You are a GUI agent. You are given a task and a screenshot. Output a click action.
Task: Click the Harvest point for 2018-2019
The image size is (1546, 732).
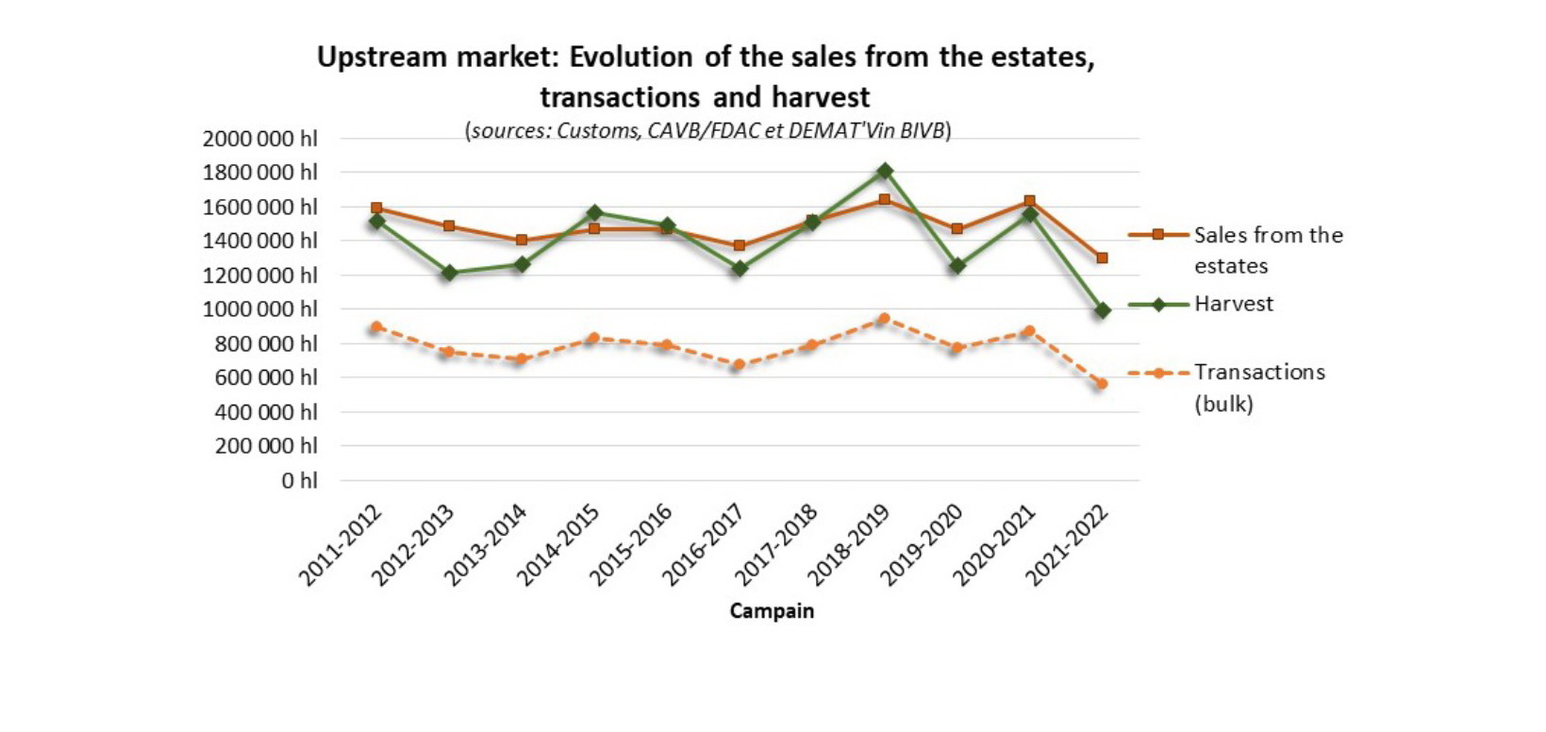click(885, 171)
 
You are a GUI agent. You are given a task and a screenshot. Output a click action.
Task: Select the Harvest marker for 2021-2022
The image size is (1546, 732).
click(1102, 309)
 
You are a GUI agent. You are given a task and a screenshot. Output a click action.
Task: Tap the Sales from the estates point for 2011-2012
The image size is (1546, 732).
click(376, 208)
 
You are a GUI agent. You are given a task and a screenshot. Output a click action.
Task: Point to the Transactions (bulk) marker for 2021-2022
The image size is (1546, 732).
click(1102, 384)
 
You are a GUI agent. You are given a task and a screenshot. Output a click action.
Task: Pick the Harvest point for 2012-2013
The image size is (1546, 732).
click(449, 273)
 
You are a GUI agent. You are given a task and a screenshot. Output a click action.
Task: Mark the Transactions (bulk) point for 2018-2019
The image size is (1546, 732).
click(885, 319)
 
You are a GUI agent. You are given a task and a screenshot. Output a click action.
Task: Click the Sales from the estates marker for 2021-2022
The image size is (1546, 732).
click(1102, 258)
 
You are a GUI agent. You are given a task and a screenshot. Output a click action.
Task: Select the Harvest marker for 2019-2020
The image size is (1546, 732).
click(957, 266)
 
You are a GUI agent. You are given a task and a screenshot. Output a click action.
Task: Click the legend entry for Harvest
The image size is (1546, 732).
click(1233, 304)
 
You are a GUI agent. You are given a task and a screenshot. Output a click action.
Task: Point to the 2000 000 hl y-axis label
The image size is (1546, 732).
click(259, 139)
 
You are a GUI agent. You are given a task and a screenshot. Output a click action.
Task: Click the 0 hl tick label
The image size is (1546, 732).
click(299, 480)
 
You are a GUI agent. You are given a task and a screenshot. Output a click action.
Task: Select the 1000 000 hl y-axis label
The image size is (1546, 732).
click(259, 309)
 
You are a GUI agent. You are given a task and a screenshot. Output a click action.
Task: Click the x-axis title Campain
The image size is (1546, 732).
click(772, 611)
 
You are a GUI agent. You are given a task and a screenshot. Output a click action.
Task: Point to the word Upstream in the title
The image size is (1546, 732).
click(382, 58)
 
